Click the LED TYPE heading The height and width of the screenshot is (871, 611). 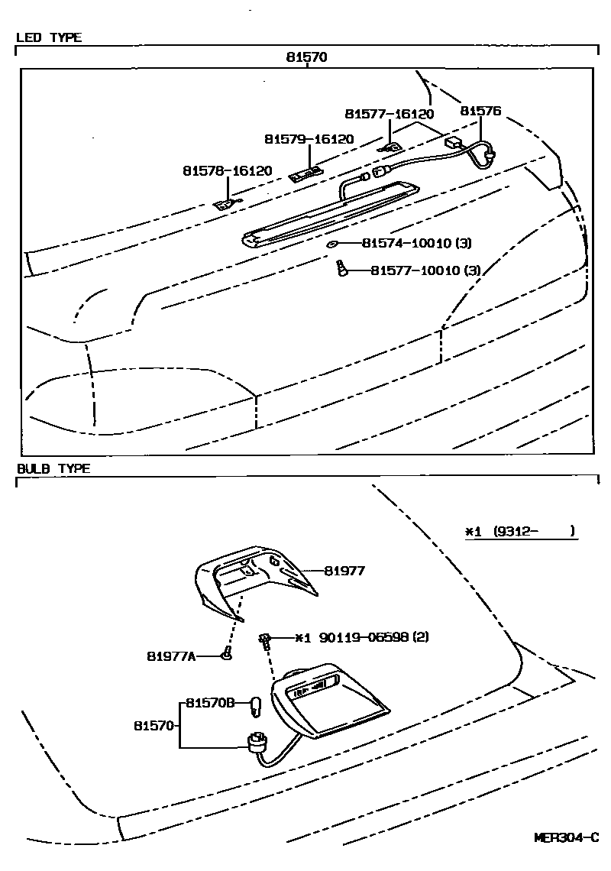coord(49,37)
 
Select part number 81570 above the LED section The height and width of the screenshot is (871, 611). coord(307,57)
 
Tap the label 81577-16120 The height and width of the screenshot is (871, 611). coord(389,114)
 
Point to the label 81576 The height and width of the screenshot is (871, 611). coord(480,111)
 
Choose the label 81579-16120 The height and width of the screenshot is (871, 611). coord(309,139)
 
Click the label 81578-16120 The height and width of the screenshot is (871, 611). coord(227,170)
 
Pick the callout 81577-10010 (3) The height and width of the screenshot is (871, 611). coord(425,270)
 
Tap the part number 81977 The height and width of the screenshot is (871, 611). coord(344,571)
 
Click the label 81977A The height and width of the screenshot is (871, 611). coord(172,655)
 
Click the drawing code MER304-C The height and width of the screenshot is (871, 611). coord(566,837)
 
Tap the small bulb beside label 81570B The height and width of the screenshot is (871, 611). coord(257,703)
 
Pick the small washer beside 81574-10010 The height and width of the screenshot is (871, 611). coord(333,244)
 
